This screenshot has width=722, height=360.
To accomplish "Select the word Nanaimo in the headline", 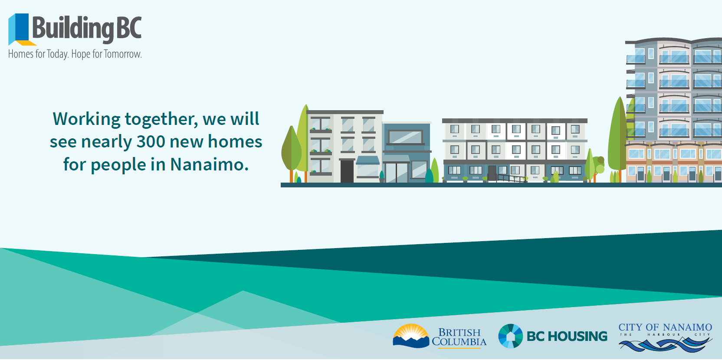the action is [x=209, y=164].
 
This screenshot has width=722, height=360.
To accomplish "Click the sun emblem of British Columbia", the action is [x=411, y=335].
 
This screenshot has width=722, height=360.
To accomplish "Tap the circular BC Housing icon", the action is [x=511, y=336].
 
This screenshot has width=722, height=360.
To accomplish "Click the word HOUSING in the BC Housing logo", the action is [x=578, y=337].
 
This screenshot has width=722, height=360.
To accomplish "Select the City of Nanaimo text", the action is [x=665, y=327].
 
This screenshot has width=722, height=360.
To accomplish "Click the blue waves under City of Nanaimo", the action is [x=665, y=344].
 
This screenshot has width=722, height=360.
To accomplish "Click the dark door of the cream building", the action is [x=347, y=171].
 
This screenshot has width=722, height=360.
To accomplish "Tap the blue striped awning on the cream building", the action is [x=368, y=160].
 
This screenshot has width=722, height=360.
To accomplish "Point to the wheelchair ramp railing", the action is [x=510, y=178].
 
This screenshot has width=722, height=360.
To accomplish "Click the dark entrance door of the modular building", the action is [x=492, y=173].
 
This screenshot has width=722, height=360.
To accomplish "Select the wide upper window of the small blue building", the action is [x=405, y=137].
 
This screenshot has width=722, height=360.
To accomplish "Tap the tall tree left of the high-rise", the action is [x=617, y=139].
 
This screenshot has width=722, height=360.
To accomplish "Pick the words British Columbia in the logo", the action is [x=459, y=337].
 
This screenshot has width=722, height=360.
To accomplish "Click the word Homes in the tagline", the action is [x=21, y=54].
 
